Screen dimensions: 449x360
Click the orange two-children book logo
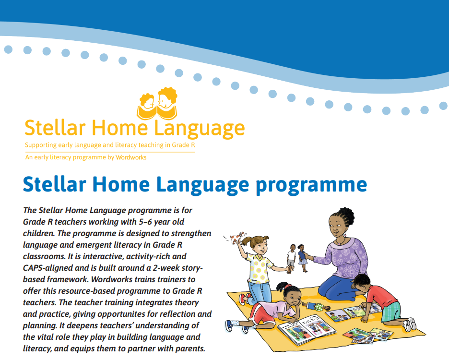point(157,104)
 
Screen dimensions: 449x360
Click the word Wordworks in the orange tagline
point(131,157)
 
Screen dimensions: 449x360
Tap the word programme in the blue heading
point(311,185)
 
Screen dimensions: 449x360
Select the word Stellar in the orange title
point(55,128)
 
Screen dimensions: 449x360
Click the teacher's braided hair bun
point(346,215)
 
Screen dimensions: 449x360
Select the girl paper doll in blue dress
point(302,258)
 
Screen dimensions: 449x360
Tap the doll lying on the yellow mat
point(316,307)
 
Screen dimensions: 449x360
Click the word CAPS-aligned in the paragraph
point(48,268)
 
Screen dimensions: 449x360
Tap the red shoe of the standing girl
point(243,299)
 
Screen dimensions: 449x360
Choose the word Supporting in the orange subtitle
point(41,145)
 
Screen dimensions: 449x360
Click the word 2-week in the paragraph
point(167,268)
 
